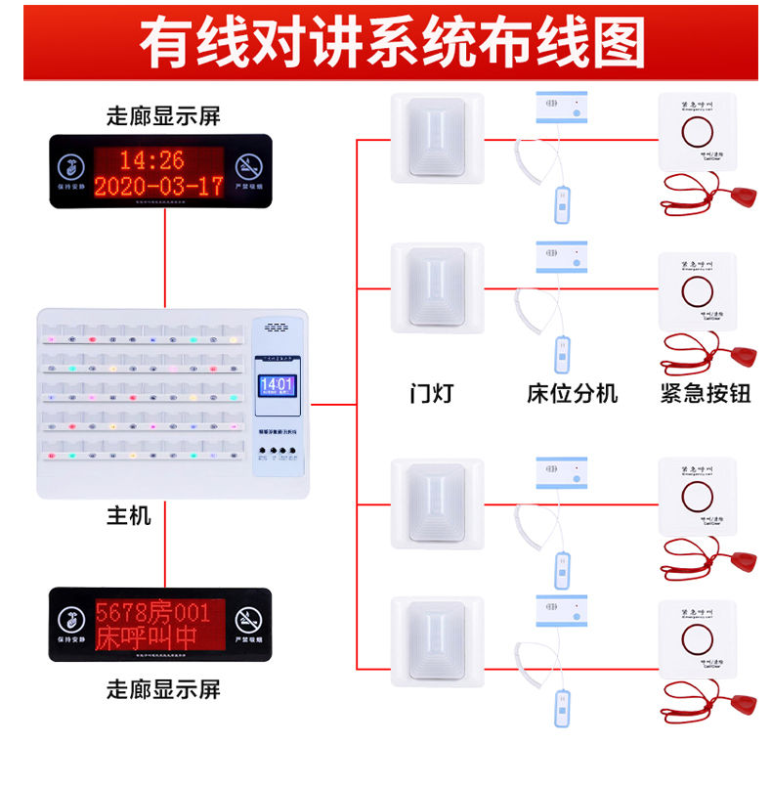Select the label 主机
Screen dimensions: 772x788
point(129,515)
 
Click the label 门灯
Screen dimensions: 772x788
point(431,395)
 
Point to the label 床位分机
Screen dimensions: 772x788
point(572,395)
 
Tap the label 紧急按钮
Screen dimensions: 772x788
point(700,395)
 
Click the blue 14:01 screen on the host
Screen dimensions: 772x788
point(277,385)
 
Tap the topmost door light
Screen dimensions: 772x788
point(437,139)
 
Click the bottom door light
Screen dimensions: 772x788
point(437,641)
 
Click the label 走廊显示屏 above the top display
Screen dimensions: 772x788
point(163,116)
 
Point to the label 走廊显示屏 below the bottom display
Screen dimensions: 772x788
point(163,689)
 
